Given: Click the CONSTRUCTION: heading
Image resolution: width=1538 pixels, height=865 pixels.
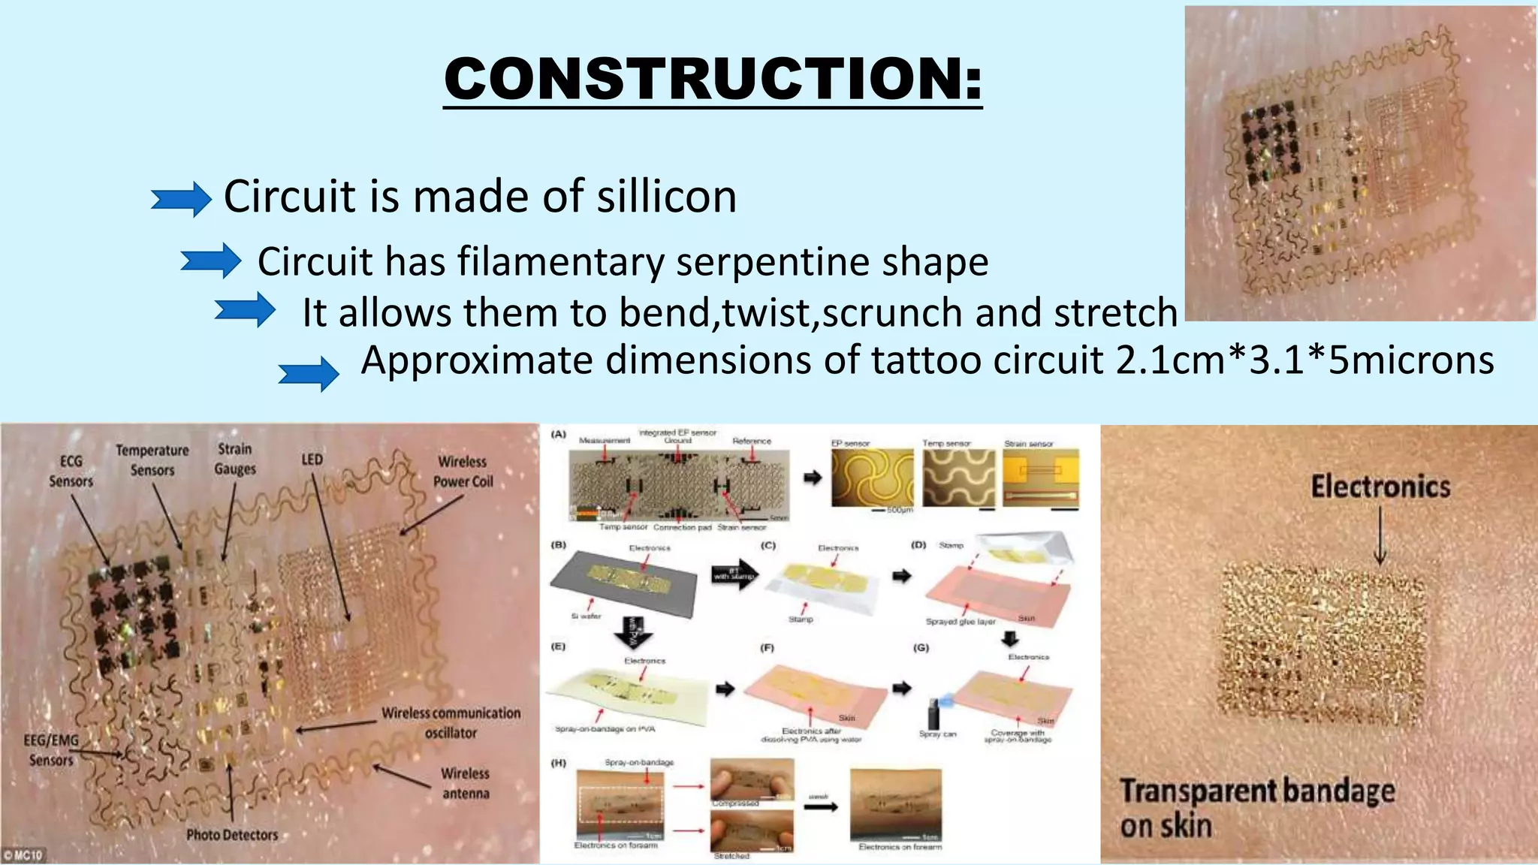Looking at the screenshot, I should point(712,79).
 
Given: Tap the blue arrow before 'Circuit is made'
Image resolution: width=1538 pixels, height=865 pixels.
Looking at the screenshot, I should point(181,199).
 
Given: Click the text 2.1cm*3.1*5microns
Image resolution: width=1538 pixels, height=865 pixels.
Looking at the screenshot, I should point(1304,360).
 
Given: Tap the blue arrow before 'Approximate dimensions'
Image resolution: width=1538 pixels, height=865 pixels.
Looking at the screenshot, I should point(308,373).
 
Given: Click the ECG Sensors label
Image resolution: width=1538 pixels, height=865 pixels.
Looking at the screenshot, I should point(71,471).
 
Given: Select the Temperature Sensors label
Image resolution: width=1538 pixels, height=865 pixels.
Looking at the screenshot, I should point(152,460).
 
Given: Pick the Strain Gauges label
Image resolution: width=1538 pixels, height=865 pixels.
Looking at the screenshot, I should point(235,459).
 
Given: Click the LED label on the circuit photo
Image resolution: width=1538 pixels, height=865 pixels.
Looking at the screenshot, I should point(312,460).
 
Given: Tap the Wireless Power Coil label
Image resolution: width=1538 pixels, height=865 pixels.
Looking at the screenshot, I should point(463,472).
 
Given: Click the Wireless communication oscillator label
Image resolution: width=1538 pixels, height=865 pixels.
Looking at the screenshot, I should point(451,722).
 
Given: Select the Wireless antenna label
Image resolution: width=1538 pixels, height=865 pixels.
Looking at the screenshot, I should point(466,783).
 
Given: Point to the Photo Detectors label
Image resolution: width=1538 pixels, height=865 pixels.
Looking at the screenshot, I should point(232,835).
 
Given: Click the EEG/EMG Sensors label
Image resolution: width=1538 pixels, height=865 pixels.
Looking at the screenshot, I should point(51,749).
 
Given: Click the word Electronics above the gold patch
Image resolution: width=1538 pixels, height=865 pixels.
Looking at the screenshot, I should point(1380,487).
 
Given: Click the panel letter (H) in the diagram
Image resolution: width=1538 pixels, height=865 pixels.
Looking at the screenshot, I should point(559,763).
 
